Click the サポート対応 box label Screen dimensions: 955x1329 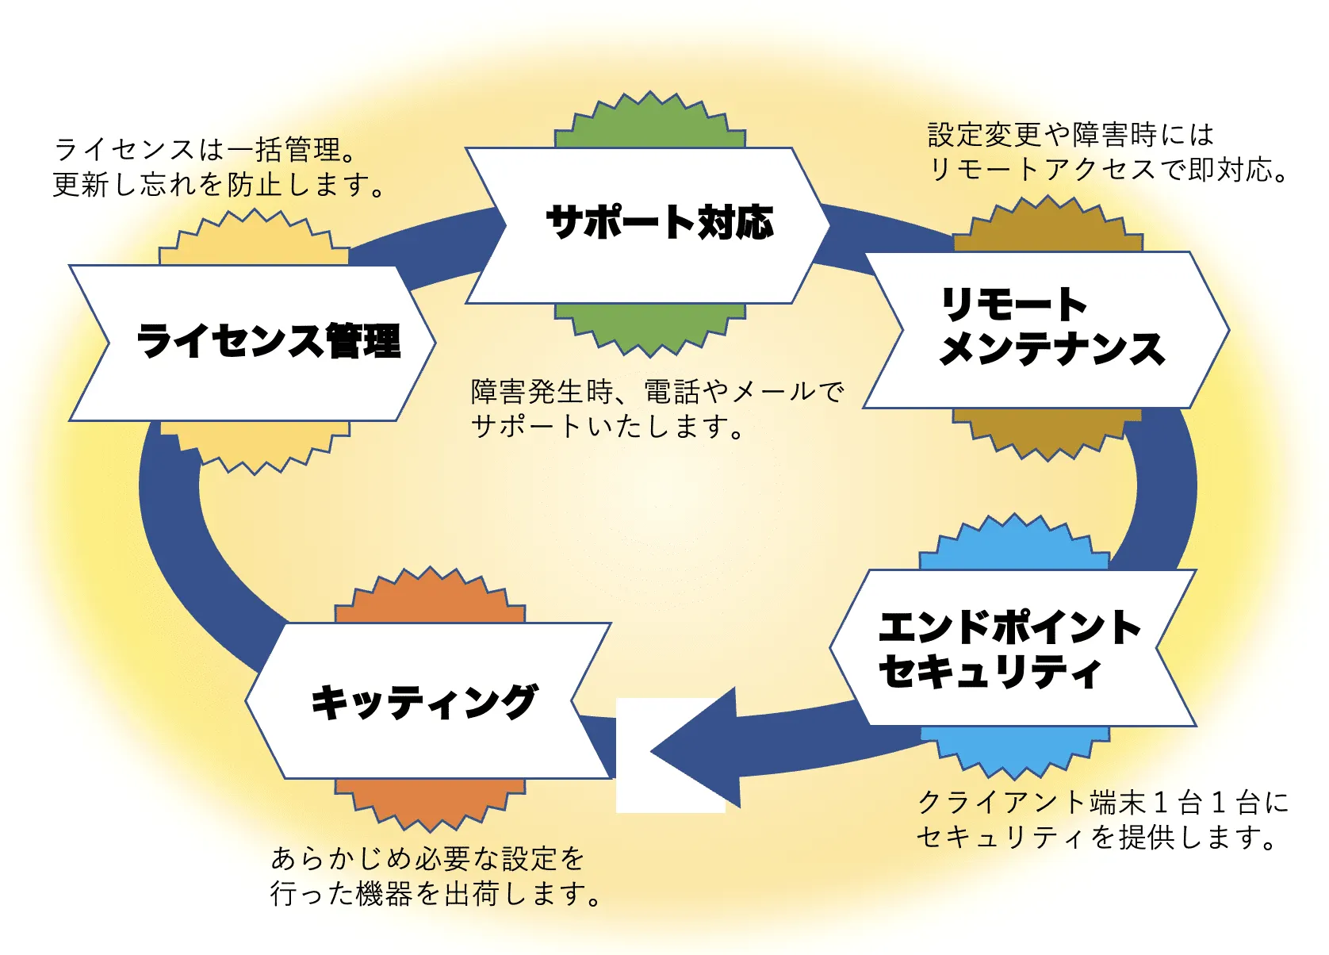(659, 222)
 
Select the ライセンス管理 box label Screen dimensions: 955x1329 (269, 341)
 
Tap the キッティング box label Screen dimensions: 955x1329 (424, 702)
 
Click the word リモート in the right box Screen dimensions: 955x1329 (1013, 305)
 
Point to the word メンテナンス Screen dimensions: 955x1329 (1051, 348)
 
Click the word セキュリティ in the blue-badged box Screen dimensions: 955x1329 (990, 671)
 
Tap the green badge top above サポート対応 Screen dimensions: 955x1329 (650, 123)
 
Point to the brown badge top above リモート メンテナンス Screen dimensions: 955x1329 (1048, 227)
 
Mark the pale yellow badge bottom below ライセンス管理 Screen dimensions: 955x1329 (255, 444)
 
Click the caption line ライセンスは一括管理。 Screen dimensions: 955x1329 (208, 149)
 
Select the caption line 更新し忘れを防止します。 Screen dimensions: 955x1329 (219, 185)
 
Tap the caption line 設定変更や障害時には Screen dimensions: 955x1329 (1070, 135)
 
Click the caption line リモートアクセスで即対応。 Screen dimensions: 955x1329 (1109, 169)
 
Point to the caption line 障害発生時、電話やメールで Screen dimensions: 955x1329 (657, 391)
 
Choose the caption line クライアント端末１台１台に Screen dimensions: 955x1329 (1102, 802)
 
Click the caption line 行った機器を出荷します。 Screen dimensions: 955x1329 (435, 894)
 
